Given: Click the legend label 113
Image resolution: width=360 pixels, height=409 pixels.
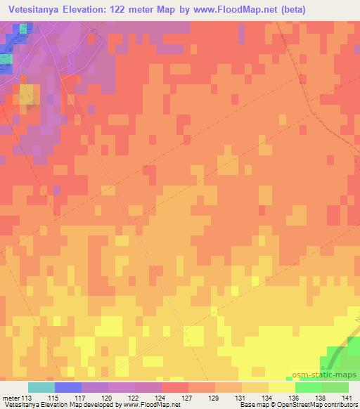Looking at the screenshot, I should pyautogui.click(x=27, y=397).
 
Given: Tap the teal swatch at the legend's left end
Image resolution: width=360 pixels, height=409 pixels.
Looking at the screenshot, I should pyautogui.click(x=41, y=387).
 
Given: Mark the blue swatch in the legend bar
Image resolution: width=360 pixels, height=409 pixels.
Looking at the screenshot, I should pyautogui.click(x=68, y=387).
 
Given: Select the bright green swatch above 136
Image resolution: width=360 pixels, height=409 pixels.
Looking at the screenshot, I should pyautogui.click(x=309, y=387).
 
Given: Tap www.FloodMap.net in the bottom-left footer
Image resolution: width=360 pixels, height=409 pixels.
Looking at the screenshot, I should pyautogui.click(x=150, y=405).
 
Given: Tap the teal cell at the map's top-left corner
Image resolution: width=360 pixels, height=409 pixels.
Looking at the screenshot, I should pyautogui.click(x=25, y=28).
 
